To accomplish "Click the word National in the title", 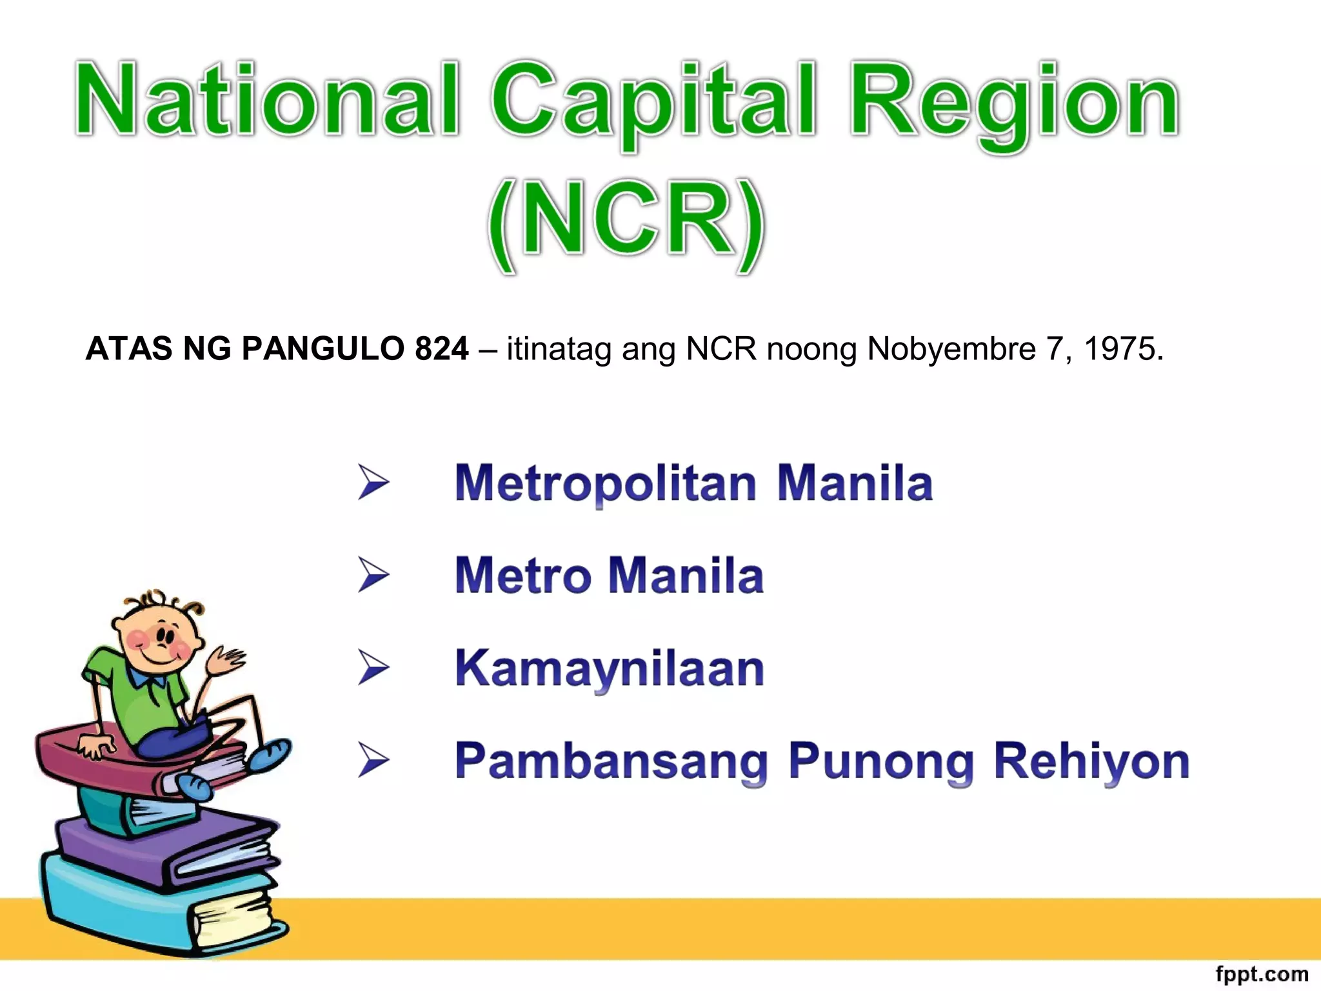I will pos(268,100).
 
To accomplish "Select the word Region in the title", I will pos(1015,103).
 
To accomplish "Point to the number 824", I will pos(442,349).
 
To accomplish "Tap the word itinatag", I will pos(559,349).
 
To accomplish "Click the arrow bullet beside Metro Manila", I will pos(374,575).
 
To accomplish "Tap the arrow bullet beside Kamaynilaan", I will pos(374,668).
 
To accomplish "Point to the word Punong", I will pos(880,762).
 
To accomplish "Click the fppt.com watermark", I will pos(1262,974).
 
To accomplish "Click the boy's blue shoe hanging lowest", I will pos(194,787).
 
